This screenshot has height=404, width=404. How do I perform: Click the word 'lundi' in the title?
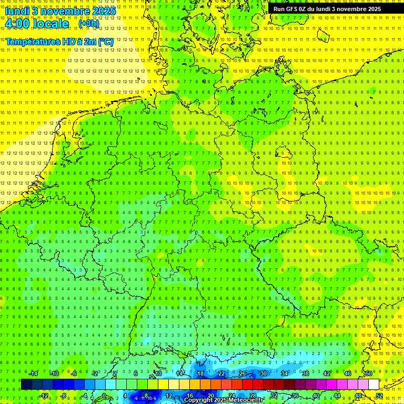click(x=20, y=11)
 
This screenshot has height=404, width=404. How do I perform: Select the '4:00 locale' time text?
click(x=36, y=24)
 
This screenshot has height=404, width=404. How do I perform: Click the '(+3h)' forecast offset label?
click(x=88, y=24)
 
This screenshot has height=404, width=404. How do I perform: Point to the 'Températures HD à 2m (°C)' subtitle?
click(x=59, y=41)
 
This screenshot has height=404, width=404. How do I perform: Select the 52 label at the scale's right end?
click(x=379, y=396)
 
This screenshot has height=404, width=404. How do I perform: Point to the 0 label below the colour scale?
click(x=104, y=396)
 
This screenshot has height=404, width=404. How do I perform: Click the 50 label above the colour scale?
click(x=369, y=373)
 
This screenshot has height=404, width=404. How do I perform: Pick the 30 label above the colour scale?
click(x=264, y=373)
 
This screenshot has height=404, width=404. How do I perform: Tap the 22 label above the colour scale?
click(x=221, y=373)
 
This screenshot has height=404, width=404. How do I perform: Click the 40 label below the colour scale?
click(x=316, y=396)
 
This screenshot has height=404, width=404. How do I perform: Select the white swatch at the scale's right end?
click(x=373, y=385)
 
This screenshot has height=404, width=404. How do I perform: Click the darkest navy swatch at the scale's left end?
click(x=26, y=385)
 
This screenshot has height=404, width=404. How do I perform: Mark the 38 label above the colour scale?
click(x=306, y=373)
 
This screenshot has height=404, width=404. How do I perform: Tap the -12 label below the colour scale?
click(x=44, y=396)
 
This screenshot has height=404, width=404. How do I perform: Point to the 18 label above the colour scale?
click(x=200, y=373)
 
